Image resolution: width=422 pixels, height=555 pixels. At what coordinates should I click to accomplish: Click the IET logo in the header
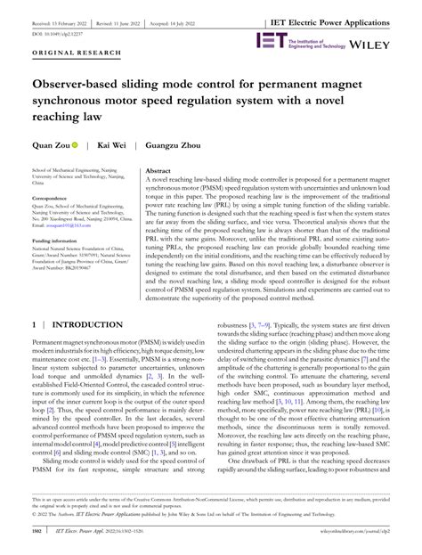tap(270, 39)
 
